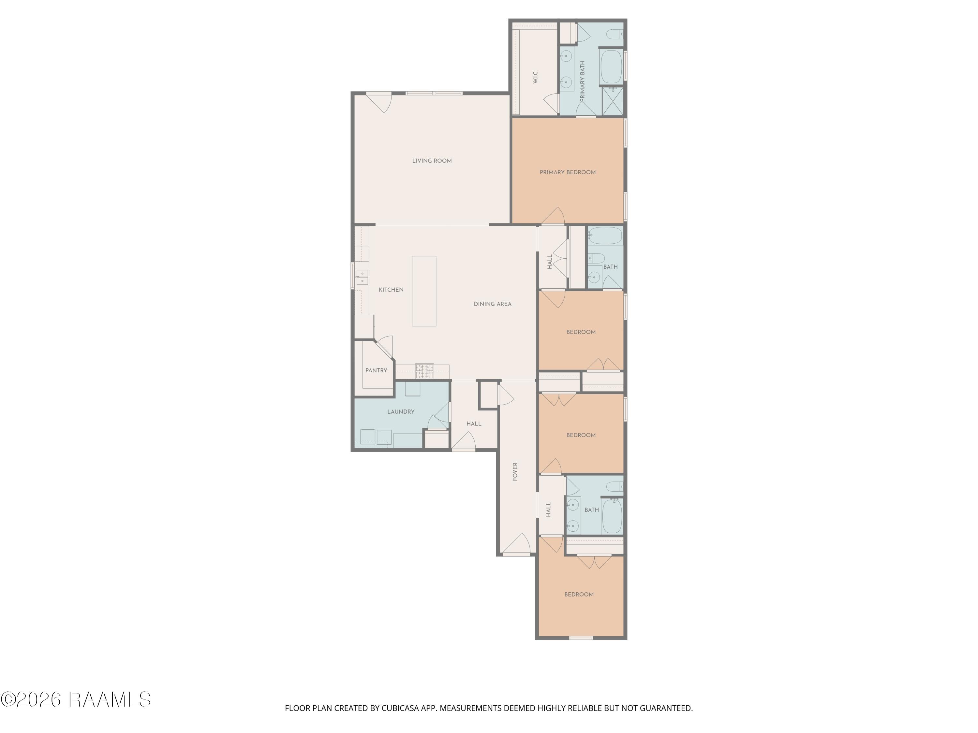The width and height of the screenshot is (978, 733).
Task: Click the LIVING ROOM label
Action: [x=432, y=161]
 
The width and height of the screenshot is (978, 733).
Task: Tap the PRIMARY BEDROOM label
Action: [x=568, y=172]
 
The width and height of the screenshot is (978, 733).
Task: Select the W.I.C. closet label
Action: [x=535, y=77]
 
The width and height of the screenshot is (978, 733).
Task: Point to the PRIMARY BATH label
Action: [x=582, y=82]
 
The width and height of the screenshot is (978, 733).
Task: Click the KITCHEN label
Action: [x=391, y=290]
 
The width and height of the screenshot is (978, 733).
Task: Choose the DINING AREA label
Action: [x=493, y=304]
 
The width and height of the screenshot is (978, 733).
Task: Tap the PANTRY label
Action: [x=376, y=371]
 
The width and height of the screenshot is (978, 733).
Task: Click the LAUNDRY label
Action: [x=401, y=412]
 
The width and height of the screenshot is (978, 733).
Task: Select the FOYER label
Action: [x=515, y=472]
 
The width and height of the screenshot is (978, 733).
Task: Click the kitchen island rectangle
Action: [x=424, y=291]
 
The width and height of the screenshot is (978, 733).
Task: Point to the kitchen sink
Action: [x=362, y=277]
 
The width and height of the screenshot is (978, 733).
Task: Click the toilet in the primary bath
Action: [x=616, y=34]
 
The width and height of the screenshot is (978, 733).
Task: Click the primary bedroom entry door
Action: [x=553, y=216]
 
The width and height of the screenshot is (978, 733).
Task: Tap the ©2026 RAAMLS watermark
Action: [x=76, y=699]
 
